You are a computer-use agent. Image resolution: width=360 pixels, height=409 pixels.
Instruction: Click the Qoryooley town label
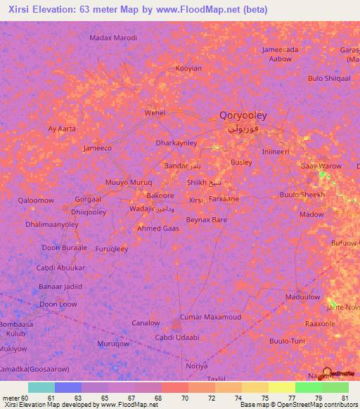coord(243,115)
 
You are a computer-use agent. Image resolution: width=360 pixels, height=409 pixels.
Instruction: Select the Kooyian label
coord(188,69)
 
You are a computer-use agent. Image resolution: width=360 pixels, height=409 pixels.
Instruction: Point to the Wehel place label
coord(154,112)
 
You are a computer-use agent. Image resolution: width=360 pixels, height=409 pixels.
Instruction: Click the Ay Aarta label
coord(61,129)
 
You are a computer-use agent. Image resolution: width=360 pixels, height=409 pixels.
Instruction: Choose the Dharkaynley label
coord(176,143)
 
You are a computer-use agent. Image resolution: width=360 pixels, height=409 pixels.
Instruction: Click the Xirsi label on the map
coord(196,200)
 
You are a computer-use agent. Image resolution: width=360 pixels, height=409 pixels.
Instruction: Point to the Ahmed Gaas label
coord(157,228)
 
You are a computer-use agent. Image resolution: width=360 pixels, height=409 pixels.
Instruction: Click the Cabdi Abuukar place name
coord(60,268)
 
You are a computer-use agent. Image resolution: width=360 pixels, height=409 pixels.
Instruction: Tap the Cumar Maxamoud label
coord(211,317)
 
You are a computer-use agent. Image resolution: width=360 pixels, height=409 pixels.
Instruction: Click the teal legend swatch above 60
coord(41,387)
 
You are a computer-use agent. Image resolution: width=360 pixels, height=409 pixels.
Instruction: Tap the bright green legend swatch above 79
coord(308,387)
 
